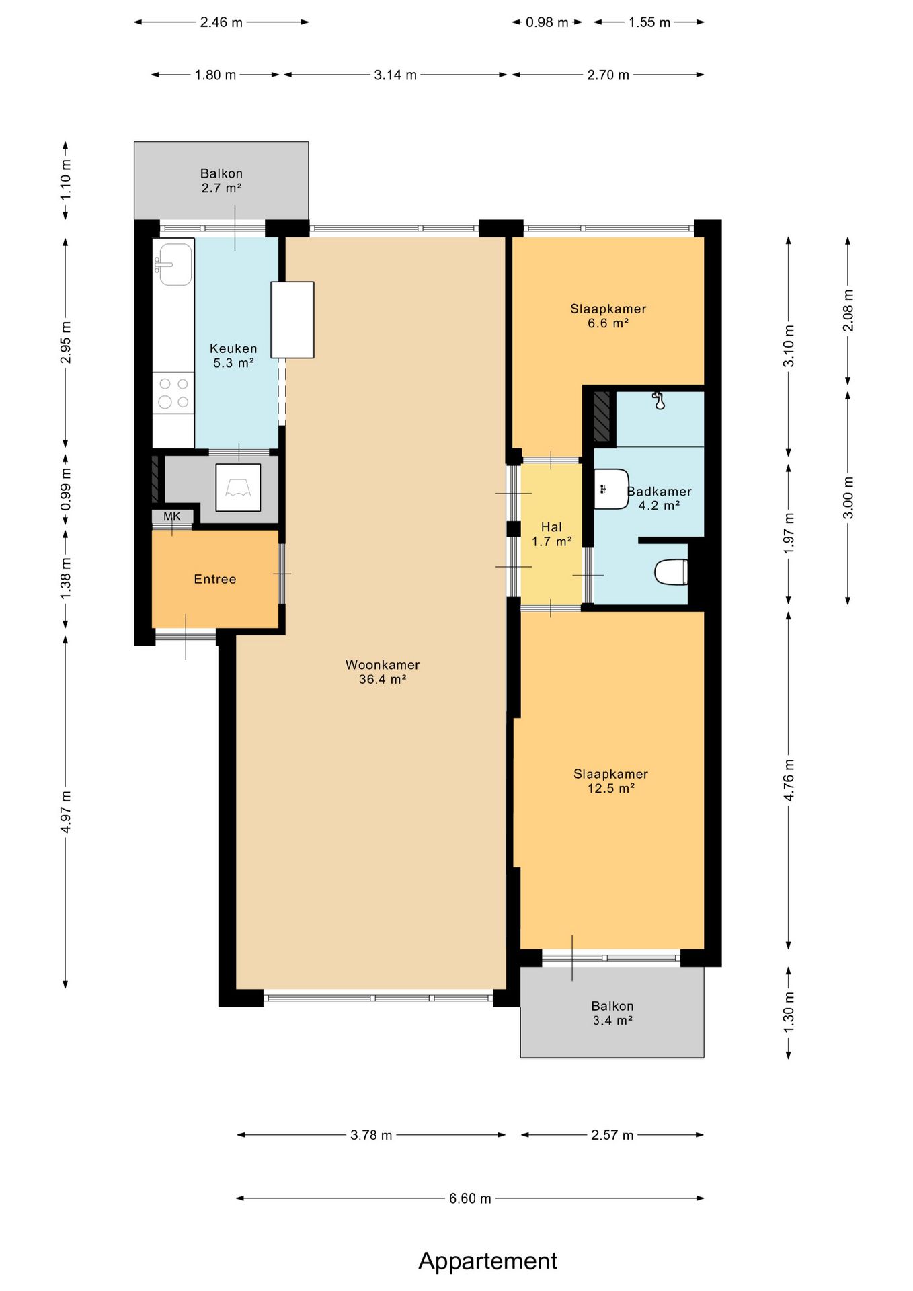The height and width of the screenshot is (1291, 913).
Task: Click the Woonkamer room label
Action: point(383,672)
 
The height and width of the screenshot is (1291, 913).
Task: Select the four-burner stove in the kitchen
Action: point(173,393)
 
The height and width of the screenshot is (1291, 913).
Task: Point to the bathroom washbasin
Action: point(611,489)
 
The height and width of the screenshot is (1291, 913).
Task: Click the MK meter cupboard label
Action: point(172,516)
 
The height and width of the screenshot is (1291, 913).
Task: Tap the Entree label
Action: point(215,579)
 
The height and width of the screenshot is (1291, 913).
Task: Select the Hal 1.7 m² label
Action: point(552,534)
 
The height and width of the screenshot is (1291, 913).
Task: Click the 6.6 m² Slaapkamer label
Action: point(608,316)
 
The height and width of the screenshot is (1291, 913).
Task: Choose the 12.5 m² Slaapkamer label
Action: point(611,781)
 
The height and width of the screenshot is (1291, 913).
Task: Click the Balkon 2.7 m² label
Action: point(221,181)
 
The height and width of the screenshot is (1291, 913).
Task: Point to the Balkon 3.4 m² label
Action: point(612,1013)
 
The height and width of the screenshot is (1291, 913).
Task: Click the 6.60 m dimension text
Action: point(470,1198)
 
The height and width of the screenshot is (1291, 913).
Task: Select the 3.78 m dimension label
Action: point(371,1135)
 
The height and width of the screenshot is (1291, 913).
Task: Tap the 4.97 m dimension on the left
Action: point(66,812)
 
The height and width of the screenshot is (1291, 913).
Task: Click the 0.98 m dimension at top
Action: point(547,22)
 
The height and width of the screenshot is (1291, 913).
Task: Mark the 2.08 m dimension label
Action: point(848,310)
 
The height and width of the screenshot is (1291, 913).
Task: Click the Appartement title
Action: point(488,1261)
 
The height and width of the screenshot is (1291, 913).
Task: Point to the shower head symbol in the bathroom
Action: point(659,401)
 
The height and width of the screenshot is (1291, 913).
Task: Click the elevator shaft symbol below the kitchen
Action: point(238,487)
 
